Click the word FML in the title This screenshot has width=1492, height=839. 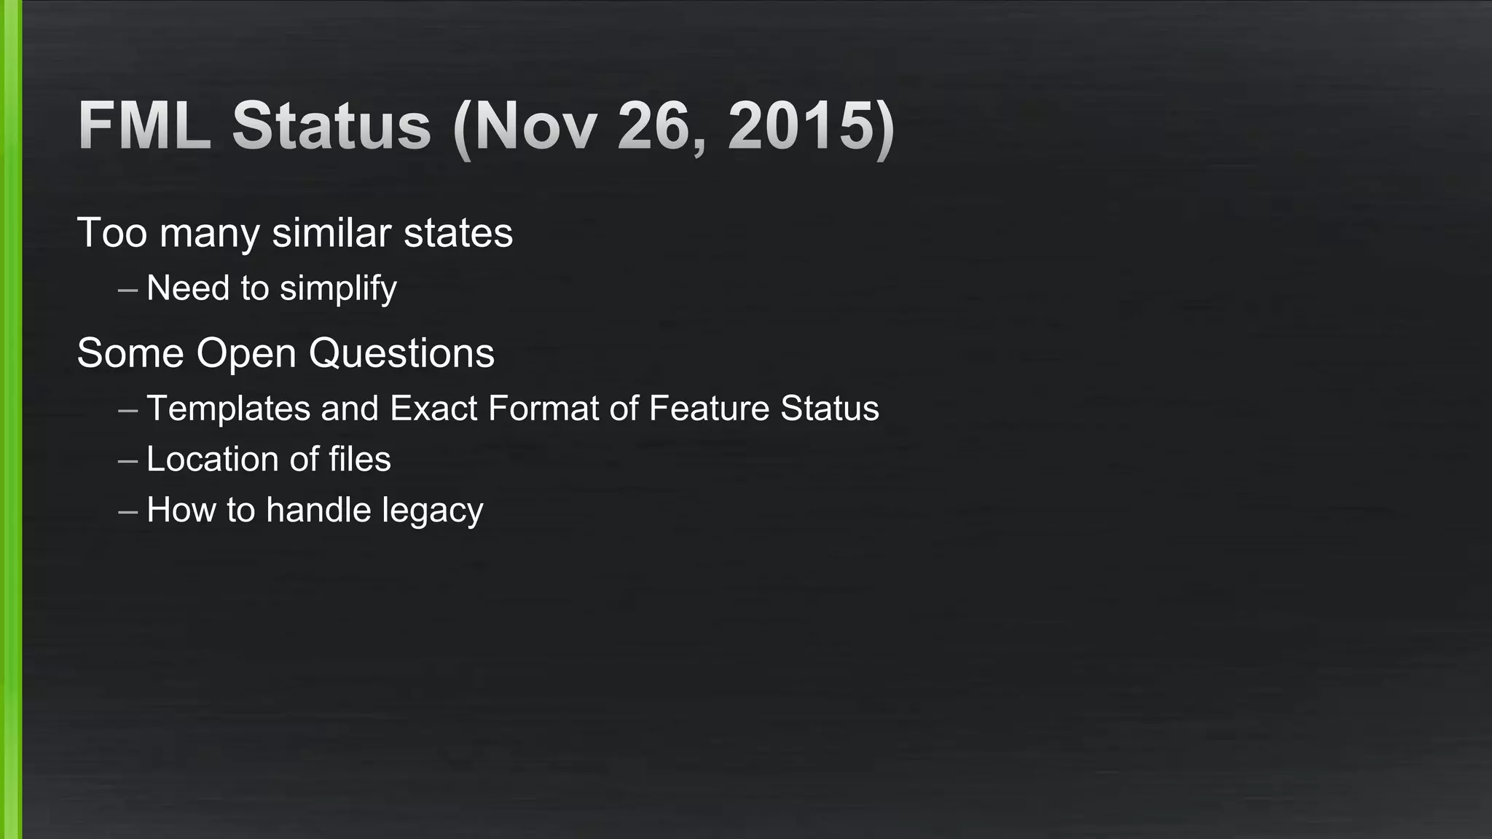(x=144, y=125)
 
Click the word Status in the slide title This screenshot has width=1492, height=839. (x=331, y=125)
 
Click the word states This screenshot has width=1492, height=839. (x=458, y=233)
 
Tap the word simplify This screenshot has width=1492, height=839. (x=338, y=288)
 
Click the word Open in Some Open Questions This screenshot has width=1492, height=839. (x=246, y=353)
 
